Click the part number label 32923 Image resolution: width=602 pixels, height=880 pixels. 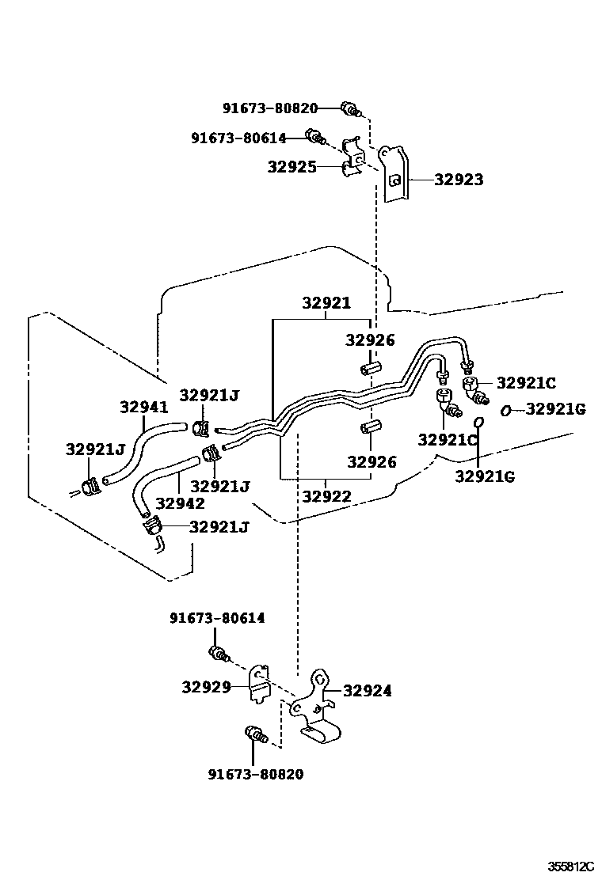tap(459, 180)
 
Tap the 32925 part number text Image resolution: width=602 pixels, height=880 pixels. tap(291, 167)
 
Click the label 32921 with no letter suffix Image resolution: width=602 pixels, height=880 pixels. tap(326, 303)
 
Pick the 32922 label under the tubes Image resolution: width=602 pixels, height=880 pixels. tap(326, 496)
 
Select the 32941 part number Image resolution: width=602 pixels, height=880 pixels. tap(144, 408)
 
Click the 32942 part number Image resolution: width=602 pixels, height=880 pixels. tap(181, 503)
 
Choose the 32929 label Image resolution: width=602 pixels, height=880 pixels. tap(206, 687)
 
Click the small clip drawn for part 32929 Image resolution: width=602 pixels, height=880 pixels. tap(259, 685)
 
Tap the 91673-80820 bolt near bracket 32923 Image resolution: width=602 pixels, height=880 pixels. tap(349, 108)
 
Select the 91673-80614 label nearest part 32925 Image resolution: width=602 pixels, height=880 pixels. tap(238, 138)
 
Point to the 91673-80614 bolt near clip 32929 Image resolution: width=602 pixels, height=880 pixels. tap(218, 653)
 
